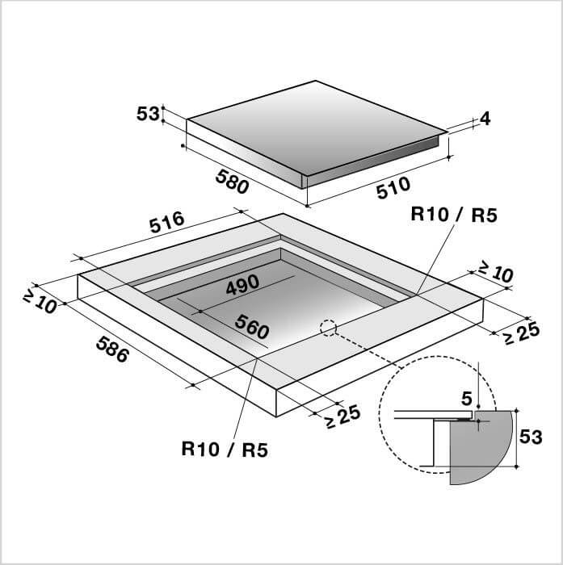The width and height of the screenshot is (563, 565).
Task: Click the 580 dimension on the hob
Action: point(232,182)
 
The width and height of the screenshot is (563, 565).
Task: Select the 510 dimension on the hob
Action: point(393,187)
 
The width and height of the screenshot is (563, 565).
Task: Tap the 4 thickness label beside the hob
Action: point(485,119)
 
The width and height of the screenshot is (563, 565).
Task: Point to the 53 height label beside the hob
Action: point(148,114)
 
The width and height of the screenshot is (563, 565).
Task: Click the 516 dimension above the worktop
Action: point(167,222)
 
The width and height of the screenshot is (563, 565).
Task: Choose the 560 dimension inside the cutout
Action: point(252,326)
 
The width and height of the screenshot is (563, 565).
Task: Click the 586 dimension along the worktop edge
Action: point(112,349)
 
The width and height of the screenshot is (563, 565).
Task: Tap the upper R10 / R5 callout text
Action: point(454,216)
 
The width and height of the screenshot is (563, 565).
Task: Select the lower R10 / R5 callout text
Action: point(225,450)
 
